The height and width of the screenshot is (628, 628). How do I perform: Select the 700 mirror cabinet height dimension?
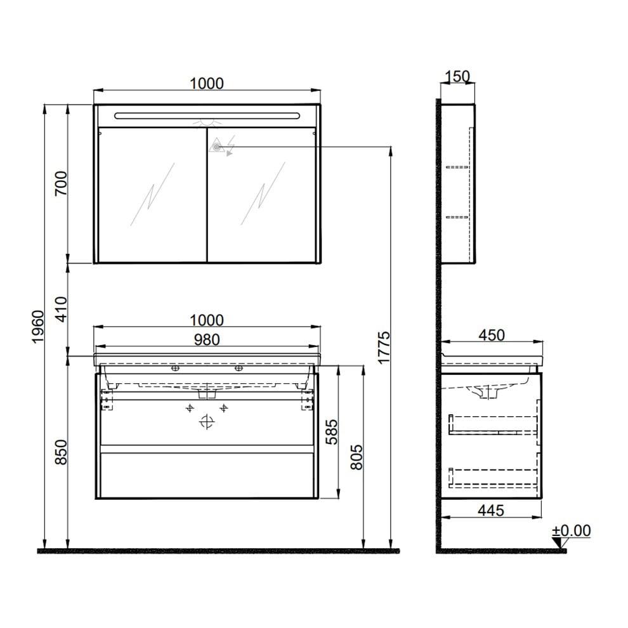61,183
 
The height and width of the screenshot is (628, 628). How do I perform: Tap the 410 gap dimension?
61,309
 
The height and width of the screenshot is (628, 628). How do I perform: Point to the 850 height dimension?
61,452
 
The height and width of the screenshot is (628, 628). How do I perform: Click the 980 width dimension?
207,340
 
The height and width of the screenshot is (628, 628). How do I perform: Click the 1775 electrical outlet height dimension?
383,348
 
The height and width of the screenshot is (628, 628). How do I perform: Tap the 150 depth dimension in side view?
457,77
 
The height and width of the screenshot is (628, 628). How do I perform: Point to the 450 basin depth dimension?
492,334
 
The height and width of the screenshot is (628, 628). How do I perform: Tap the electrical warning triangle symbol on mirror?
218,147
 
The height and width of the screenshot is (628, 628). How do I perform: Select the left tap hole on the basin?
175,368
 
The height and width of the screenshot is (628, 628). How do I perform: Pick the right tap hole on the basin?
239,368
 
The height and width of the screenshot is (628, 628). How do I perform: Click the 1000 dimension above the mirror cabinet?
207,83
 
